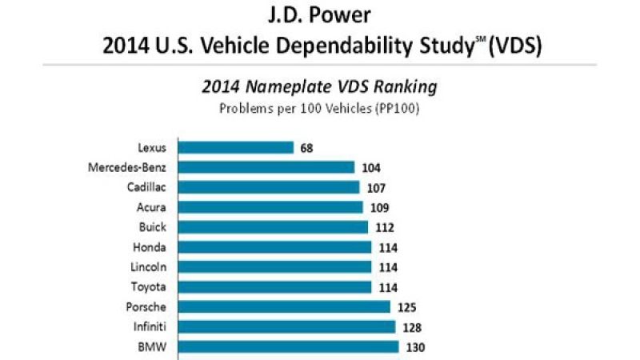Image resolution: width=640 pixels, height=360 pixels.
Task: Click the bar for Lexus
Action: pos(235,147)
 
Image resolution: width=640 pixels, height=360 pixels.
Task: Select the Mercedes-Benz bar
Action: pos(266,167)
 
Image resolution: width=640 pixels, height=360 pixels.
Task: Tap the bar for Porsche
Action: pos(283,306)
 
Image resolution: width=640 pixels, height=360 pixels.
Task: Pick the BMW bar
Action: pos(288,346)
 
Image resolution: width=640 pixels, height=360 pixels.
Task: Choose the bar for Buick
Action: pos(273,227)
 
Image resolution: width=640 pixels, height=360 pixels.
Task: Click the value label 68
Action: pos(307,147)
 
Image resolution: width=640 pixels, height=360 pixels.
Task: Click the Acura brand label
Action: pos(151,207)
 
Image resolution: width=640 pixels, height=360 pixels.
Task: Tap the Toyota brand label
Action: pos(150,286)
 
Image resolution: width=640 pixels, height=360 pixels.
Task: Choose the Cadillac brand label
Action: pos(146,187)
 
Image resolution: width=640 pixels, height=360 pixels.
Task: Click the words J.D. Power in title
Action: pos(320,15)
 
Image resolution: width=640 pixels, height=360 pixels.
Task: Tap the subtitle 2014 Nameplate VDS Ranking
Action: pos(320,86)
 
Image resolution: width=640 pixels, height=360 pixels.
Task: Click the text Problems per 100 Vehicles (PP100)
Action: pos(320,108)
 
